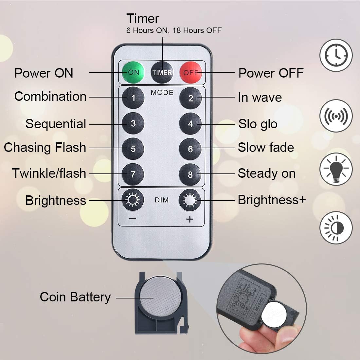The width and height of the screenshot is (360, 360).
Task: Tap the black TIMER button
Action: (162, 72)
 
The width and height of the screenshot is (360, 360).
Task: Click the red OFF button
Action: (191, 72)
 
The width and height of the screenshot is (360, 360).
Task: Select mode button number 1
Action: (133, 98)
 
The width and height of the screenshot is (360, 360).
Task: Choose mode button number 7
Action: (133, 174)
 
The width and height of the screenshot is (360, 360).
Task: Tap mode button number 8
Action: (190, 174)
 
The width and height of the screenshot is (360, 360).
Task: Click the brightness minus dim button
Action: (133, 200)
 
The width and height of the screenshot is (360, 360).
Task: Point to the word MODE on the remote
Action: (162, 93)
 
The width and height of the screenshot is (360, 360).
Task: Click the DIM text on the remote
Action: (162, 200)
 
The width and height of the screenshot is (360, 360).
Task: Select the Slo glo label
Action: (258, 124)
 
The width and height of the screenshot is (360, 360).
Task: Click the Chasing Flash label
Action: (45, 148)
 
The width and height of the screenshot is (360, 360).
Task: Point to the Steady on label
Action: (266, 173)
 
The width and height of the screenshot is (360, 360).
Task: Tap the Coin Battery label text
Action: (75, 297)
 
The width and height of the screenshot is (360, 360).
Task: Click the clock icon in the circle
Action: (336, 55)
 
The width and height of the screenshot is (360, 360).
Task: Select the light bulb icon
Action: (336, 169)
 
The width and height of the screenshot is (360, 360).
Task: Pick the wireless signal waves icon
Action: (336, 116)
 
